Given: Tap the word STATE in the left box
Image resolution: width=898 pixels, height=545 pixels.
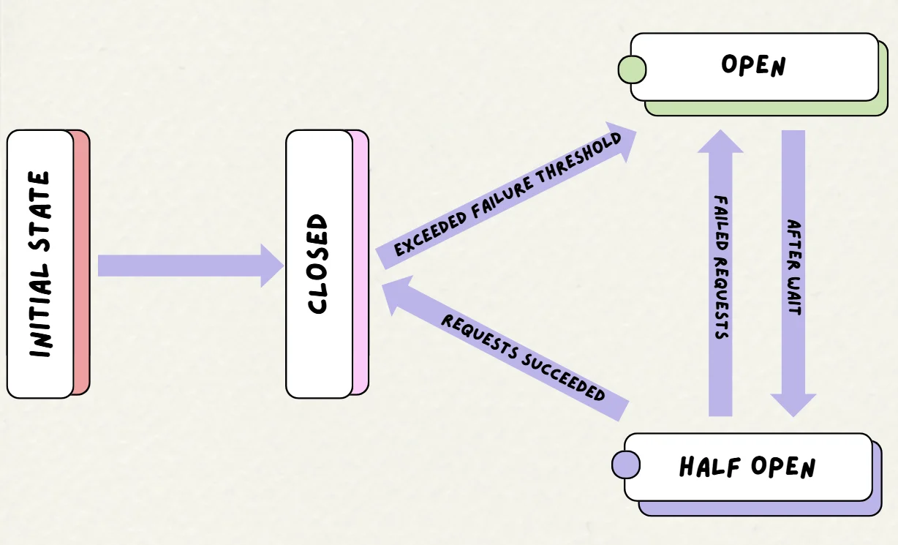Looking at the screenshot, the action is tap(39, 211).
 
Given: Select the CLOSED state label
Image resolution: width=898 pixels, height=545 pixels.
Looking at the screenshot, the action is tap(318, 263).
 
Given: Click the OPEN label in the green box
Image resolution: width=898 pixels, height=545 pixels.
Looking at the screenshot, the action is tap(753, 65).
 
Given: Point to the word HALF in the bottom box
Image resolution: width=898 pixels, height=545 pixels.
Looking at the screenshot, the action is tap(709, 467).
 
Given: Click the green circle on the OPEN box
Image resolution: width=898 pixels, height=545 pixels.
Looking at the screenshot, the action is tap(632, 69).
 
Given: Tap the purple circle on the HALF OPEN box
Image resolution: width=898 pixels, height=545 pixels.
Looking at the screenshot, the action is tap(626, 465).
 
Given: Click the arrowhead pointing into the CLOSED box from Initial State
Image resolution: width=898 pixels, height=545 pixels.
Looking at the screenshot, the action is tap(272, 266).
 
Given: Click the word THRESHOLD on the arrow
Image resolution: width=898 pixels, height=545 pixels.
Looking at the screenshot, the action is tap(578, 159).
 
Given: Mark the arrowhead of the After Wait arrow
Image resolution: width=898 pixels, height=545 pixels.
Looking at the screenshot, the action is tap(793, 405).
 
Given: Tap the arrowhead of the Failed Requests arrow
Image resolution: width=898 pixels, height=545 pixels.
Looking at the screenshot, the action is tap(720, 141).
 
